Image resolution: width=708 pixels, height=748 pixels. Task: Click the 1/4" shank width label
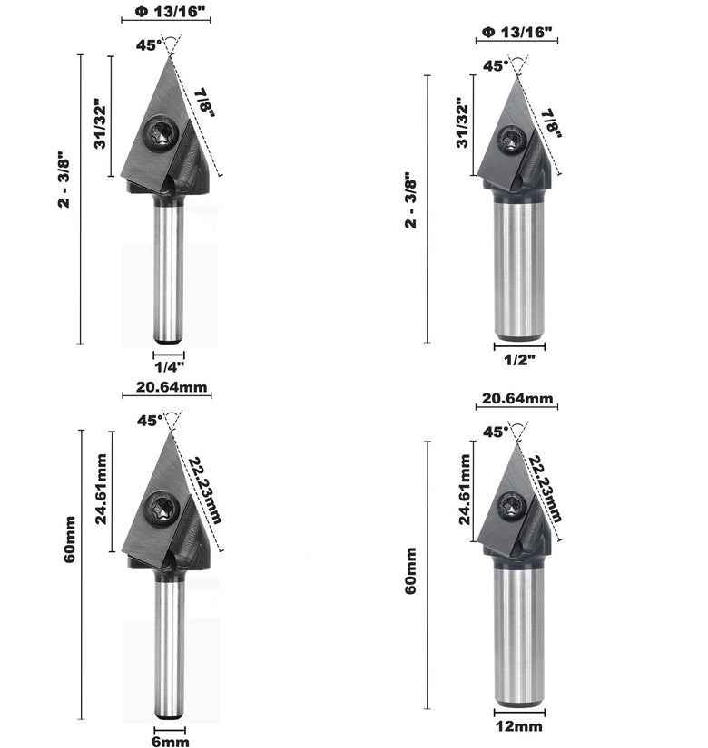169,366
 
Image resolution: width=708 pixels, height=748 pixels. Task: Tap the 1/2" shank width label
519,359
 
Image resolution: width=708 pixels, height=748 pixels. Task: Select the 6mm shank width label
170,742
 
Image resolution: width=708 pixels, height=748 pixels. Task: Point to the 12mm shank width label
519,726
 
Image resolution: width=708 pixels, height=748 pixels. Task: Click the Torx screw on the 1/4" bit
161,133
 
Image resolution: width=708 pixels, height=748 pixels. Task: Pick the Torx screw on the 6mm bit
162,509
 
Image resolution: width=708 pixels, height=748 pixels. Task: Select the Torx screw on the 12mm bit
512,506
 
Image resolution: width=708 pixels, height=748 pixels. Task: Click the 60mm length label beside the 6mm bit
69,539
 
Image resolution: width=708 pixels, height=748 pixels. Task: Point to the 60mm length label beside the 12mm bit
410,570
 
